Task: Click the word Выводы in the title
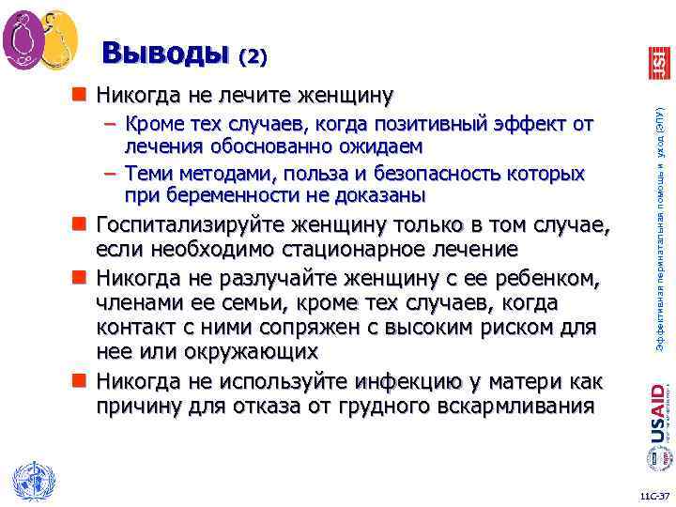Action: (x=165, y=53)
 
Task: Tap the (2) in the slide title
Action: (x=253, y=56)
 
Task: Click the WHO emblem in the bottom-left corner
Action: (x=32, y=480)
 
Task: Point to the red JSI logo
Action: (x=658, y=62)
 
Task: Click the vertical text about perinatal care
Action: (x=660, y=226)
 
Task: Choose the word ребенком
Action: (x=550, y=280)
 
